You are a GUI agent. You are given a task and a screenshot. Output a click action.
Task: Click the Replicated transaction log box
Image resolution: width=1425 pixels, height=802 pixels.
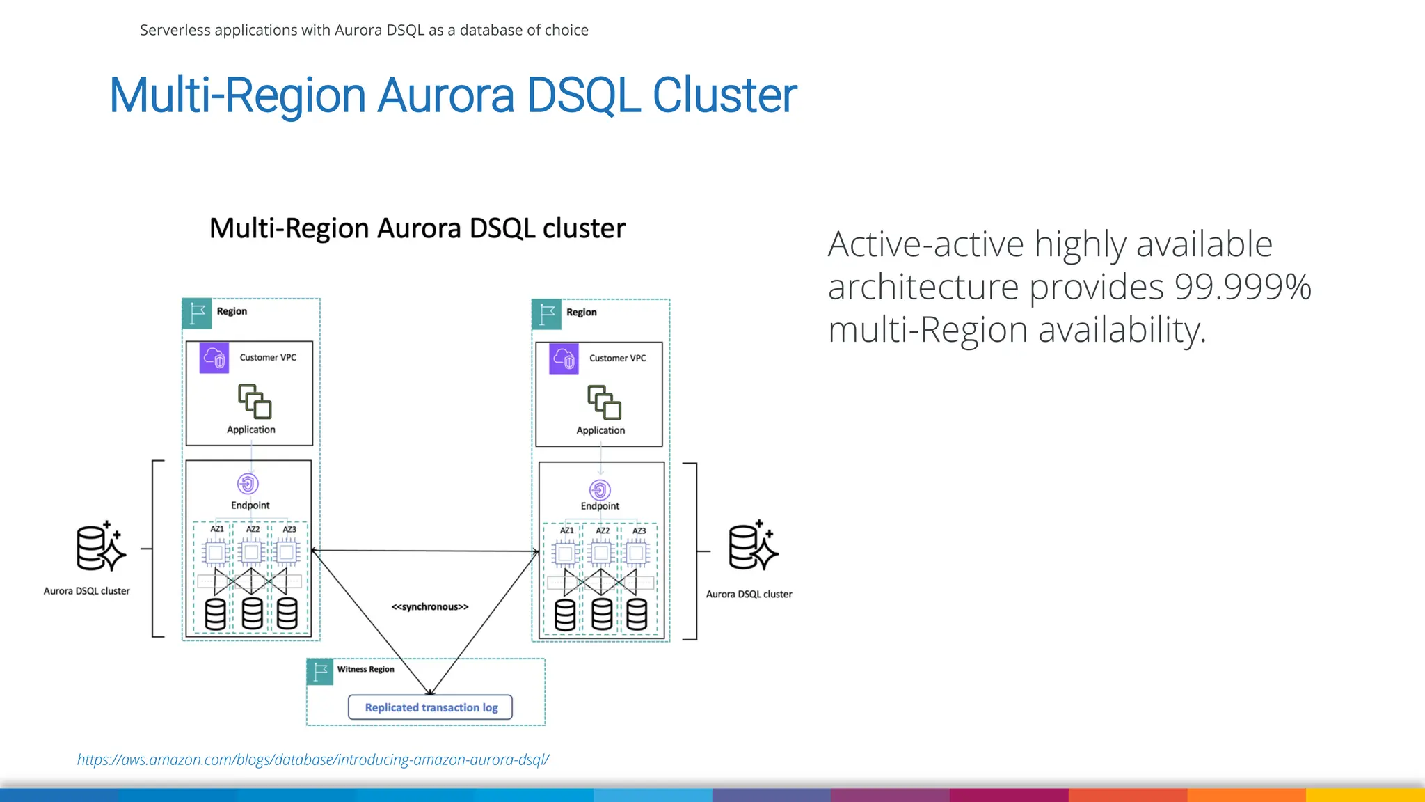(430, 707)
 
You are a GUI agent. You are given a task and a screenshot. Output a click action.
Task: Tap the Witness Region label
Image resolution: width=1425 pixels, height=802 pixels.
(365, 669)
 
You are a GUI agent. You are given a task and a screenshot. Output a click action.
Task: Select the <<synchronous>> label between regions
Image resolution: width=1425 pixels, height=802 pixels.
(430, 606)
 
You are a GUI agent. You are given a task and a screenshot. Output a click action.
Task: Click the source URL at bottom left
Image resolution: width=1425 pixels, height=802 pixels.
(312, 760)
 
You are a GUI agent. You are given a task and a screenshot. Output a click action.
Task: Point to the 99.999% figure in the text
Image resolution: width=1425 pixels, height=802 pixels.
(1242, 287)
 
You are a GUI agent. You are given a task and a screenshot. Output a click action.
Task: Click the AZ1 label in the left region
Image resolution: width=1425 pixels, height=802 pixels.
(217, 529)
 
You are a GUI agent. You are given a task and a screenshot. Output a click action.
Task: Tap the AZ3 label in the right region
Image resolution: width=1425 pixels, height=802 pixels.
(639, 530)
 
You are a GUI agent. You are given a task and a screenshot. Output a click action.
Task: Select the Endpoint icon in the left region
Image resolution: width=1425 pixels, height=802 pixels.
(248, 483)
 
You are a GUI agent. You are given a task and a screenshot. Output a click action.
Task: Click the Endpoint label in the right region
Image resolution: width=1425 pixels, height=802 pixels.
(600, 506)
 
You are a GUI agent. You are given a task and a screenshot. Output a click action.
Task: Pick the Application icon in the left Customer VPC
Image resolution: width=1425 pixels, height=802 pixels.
(255, 401)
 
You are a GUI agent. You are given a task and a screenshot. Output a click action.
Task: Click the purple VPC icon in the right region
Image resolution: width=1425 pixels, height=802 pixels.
(564, 359)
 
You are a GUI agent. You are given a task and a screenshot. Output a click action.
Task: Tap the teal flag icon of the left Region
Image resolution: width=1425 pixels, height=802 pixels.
(197, 313)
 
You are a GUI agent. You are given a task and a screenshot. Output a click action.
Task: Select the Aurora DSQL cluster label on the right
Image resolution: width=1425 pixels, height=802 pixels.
(749, 594)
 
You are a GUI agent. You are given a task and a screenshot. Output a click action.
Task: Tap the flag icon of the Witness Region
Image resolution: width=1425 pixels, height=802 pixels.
(320, 672)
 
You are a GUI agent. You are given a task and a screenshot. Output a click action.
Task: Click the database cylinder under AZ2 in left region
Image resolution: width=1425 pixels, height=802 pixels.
(252, 613)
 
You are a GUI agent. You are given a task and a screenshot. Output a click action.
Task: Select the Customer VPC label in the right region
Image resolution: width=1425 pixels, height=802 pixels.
(617, 358)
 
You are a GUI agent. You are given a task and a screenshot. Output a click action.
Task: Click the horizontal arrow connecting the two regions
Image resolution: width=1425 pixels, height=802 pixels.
(424, 551)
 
